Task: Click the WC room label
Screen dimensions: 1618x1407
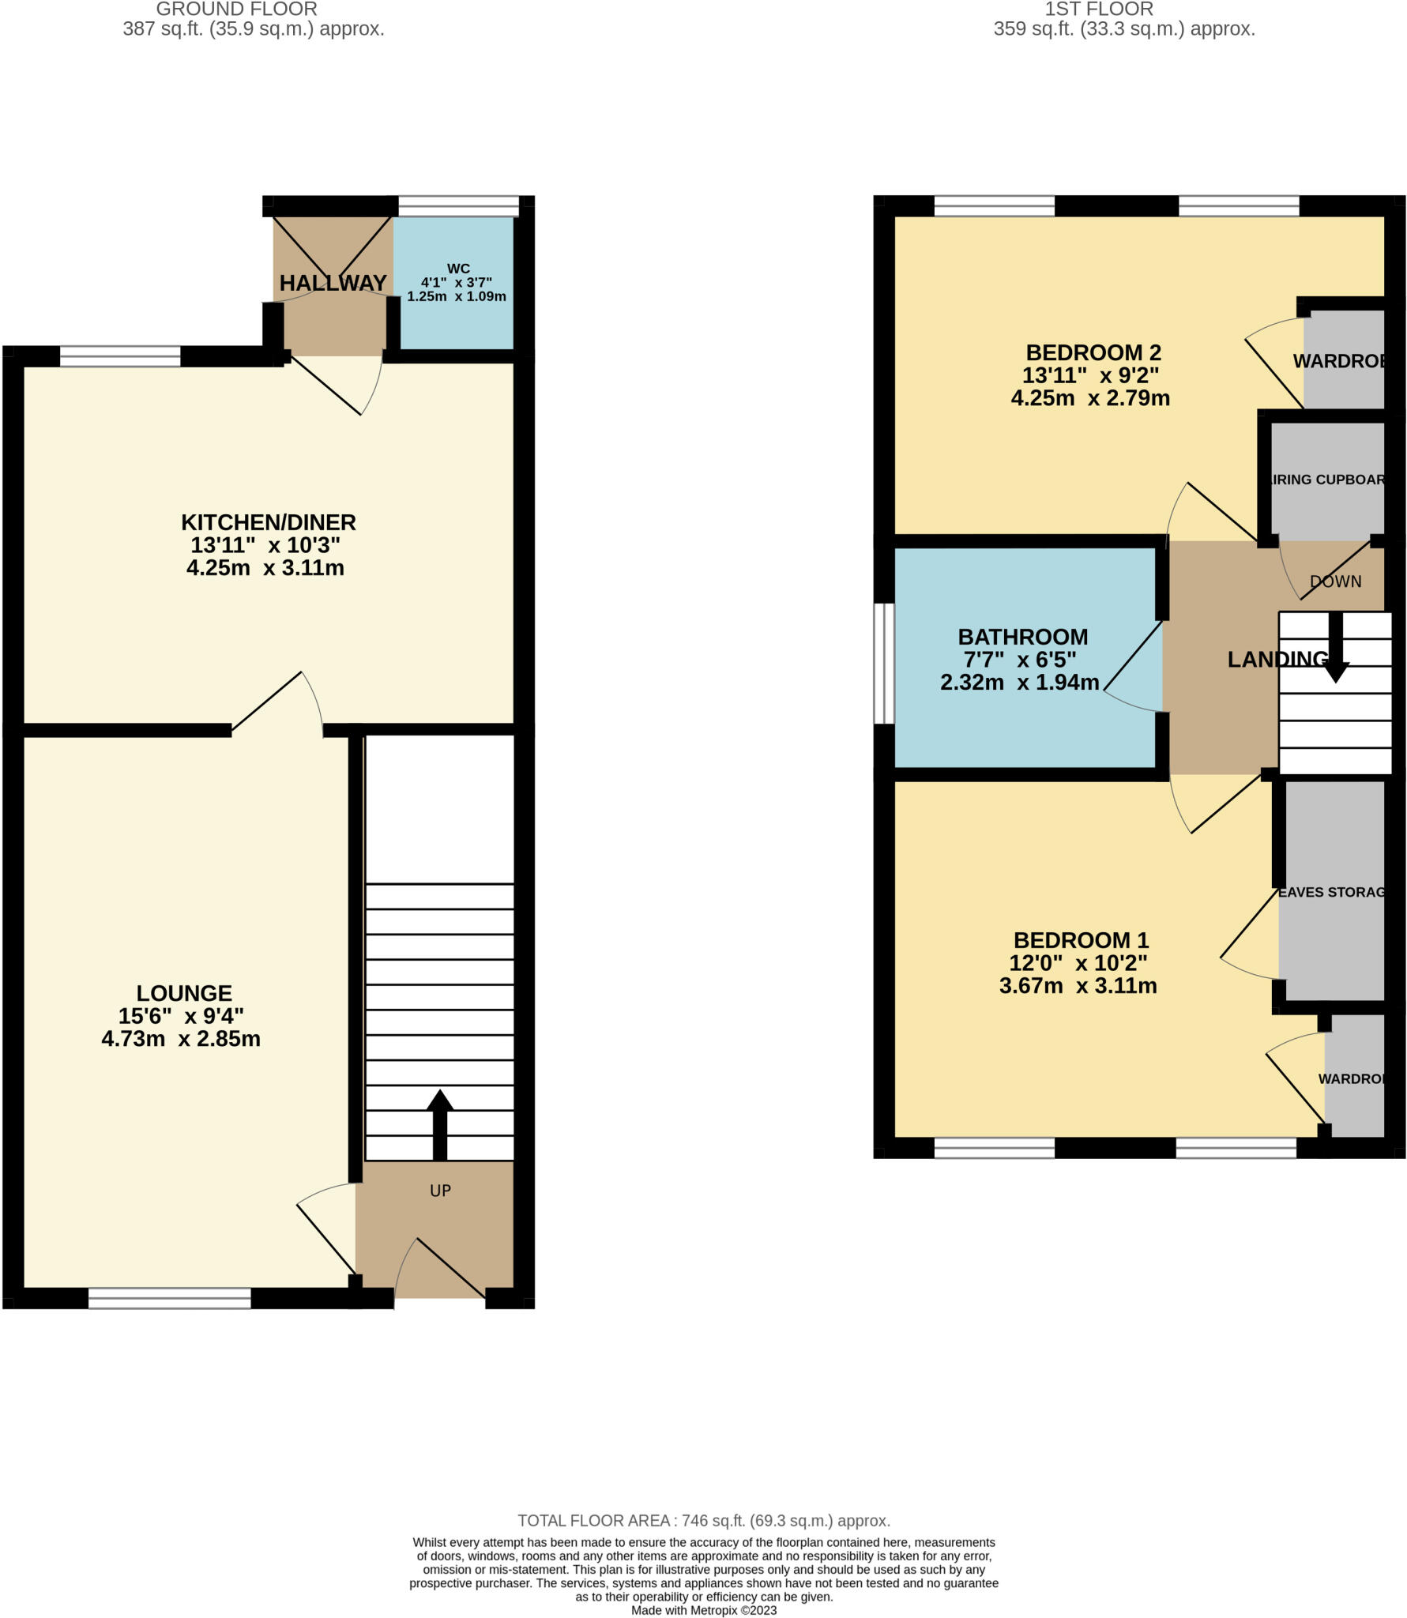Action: [457, 269]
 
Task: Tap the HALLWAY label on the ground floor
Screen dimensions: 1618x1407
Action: [333, 283]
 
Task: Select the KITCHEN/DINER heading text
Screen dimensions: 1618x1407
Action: [269, 522]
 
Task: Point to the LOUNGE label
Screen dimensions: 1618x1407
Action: [184, 993]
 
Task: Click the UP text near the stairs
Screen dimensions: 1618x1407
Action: [440, 1191]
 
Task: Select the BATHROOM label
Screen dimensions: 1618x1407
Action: [1022, 637]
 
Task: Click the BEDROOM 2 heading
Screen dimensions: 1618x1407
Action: [1093, 352]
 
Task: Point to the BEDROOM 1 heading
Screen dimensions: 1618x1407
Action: [1081, 940]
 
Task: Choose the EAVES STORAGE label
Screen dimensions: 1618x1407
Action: [1332, 892]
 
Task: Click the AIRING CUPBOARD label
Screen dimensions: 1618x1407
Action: [1327, 480]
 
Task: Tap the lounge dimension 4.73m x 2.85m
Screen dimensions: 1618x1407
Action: [181, 1039]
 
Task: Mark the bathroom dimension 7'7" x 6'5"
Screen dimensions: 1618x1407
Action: [1020, 660]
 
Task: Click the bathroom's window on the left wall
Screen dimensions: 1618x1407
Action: [884, 664]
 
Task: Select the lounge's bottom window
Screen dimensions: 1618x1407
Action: [169, 1298]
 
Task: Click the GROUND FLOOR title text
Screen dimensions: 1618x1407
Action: [236, 9]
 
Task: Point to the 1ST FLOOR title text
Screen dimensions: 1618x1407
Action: [1099, 9]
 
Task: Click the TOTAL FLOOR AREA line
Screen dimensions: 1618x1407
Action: [703, 1521]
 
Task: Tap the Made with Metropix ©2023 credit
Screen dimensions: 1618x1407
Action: [703, 1610]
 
